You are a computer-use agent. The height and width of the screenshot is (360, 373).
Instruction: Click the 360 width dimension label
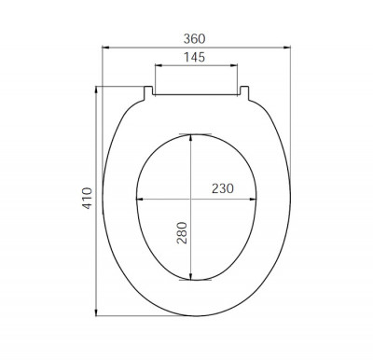click(194, 39)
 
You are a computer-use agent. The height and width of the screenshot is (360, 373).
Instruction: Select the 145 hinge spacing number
click(194, 57)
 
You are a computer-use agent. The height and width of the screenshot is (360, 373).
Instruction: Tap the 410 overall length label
click(88, 198)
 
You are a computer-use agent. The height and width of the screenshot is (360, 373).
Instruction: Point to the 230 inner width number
click(223, 188)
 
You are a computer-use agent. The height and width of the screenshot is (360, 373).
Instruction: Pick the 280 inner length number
click(182, 233)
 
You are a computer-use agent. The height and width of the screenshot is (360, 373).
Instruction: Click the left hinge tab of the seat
click(148, 92)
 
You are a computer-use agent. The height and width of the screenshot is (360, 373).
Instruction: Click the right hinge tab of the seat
click(244, 92)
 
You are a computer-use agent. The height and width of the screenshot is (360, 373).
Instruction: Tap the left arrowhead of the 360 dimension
click(105, 48)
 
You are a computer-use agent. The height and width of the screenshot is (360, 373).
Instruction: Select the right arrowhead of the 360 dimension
click(287, 48)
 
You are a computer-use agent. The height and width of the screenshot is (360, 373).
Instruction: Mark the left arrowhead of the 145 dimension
click(159, 65)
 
